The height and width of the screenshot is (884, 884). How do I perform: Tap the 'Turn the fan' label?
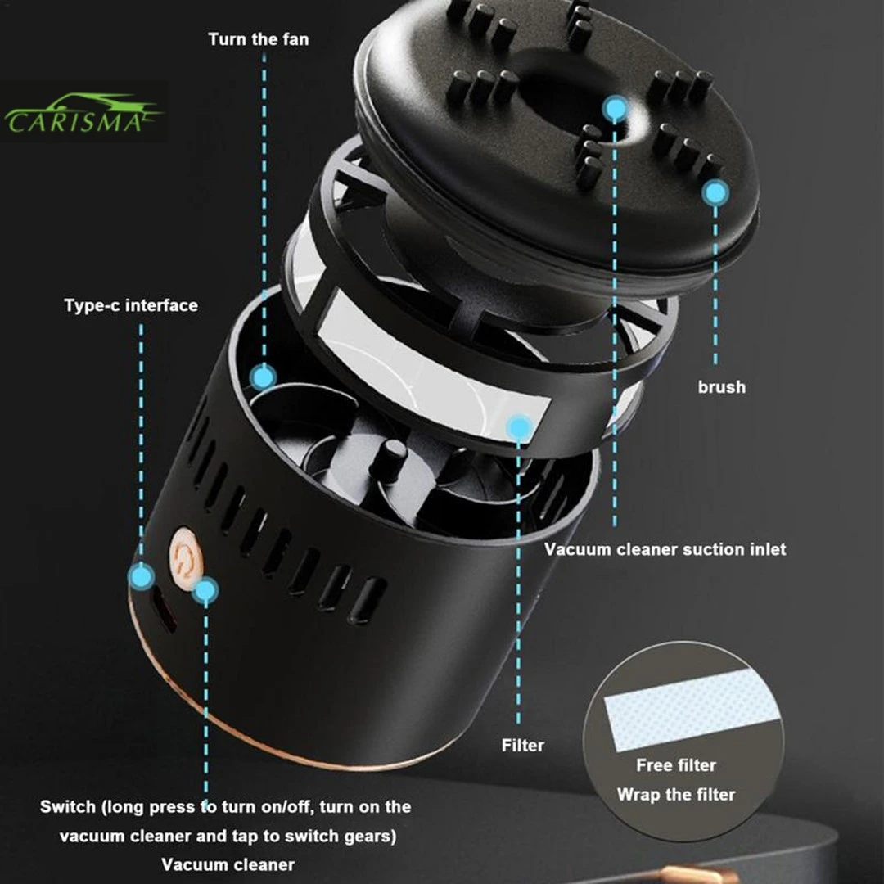pos(259,38)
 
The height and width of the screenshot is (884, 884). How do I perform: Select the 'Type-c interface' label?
pos(131,305)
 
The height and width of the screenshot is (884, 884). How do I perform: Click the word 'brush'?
pos(721,386)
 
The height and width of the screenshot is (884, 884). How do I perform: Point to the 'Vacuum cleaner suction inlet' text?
pos(665,549)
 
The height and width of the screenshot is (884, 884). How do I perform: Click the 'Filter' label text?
pos(522,745)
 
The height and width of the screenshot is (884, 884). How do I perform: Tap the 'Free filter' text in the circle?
pos(676,765)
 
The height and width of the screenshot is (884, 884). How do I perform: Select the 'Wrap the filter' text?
pos(676,794)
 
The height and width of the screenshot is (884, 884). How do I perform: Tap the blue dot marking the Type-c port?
pos(141,576)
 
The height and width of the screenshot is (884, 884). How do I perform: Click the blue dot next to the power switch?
pos(206,589)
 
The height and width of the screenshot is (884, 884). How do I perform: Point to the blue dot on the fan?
pos(263,377)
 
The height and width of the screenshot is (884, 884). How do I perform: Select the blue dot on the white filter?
pos(519,426)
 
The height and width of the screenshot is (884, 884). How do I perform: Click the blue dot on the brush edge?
pos(715,193)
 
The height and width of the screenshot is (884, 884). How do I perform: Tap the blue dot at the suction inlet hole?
pos(615,107)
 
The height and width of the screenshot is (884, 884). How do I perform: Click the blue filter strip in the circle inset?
pos(692,708)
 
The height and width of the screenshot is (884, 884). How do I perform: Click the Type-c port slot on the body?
pos(163,613)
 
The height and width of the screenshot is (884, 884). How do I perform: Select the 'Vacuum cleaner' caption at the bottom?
pos(228,864)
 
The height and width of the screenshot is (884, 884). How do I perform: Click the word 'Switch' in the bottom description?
pos(67,806)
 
